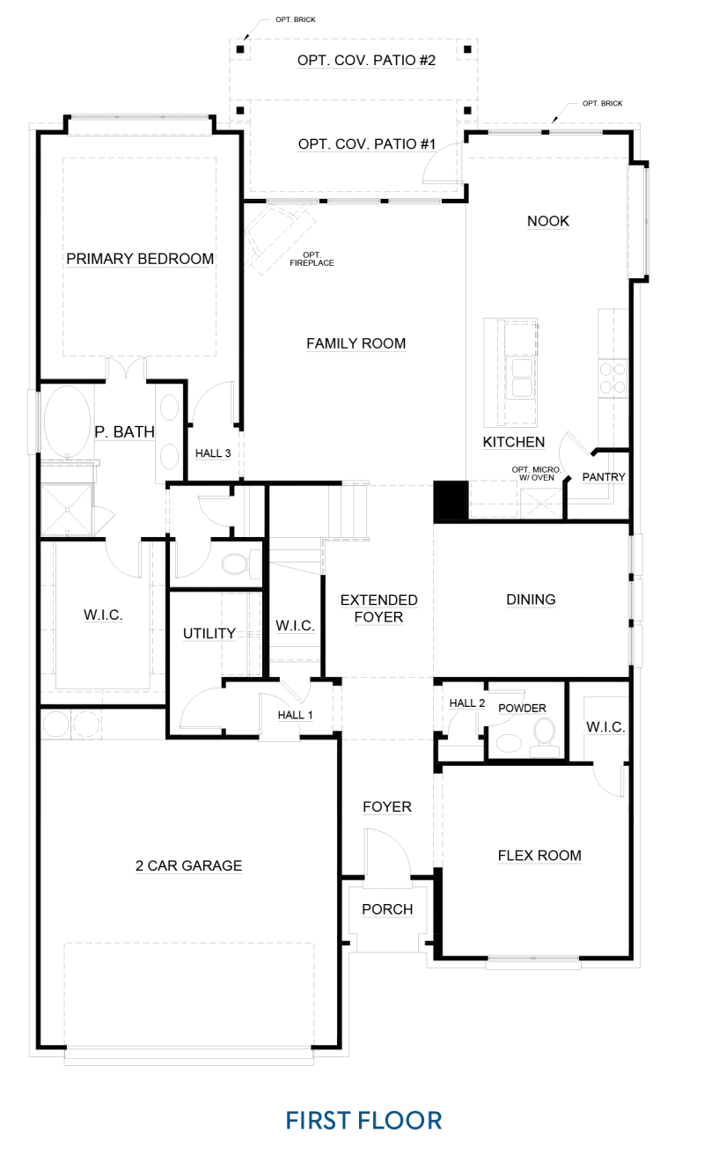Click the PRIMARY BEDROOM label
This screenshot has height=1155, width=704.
(x=140, y=258)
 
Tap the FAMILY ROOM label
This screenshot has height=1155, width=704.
(x=356, y=343)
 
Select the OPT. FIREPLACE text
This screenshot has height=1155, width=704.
(x=312, y=259)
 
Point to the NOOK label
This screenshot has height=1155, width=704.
(x=548, y=221)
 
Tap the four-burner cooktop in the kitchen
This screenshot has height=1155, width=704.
(x=612, y=378)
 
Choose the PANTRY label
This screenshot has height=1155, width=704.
(x=604, y=477)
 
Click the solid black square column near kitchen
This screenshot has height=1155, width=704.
(x=451, y=500)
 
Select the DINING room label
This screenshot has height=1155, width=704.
(x=531, y=600)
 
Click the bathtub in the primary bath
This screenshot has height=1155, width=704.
(x=68, y=421)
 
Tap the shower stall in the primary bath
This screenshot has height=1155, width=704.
(x=67, y=510)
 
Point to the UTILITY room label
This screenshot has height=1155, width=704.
(x=209, y=633)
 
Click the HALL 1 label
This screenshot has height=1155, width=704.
(x=295, y=715)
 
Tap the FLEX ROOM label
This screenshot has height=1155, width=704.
(x=539, y=856)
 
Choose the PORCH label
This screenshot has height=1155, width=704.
(x=387, y=909)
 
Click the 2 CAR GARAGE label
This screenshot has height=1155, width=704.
(x=188, y=865)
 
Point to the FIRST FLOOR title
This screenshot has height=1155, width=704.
(x=363, y=1121)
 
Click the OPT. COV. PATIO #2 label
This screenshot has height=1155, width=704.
(x=366, y=61)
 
